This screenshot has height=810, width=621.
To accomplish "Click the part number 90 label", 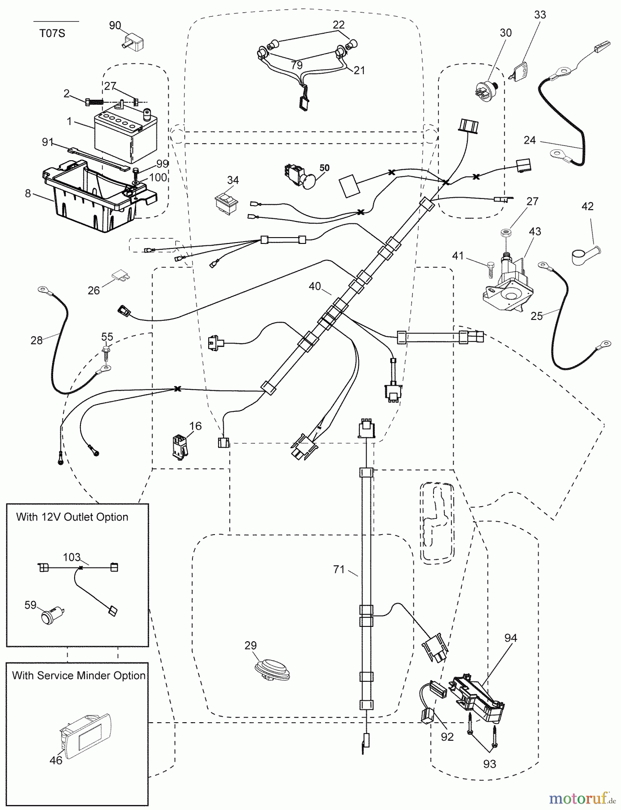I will [x=115, y=25].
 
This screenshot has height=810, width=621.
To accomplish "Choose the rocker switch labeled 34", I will [x=228, y=201].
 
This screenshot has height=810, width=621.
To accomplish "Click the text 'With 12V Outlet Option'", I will [x=72, y=517].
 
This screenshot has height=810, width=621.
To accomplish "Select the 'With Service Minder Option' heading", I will [x=78, y=675].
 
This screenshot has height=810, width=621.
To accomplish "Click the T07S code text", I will [x=52, y=33].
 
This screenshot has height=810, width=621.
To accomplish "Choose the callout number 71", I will [x=339, y=570].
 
